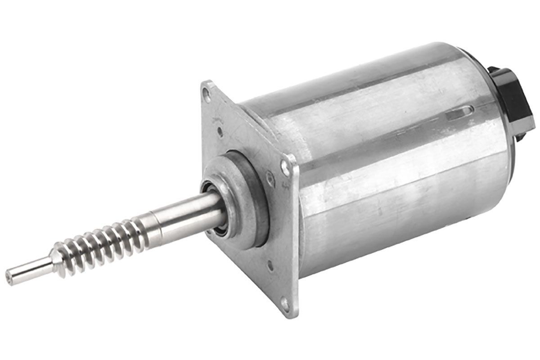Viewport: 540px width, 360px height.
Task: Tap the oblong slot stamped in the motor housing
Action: click(x=460, y=112)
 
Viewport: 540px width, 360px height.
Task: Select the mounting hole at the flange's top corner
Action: click(x=207, y=94)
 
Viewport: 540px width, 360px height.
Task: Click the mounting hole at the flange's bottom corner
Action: click(x=284, y=303)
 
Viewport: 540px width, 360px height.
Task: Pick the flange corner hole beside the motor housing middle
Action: click(x=285, y=167)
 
